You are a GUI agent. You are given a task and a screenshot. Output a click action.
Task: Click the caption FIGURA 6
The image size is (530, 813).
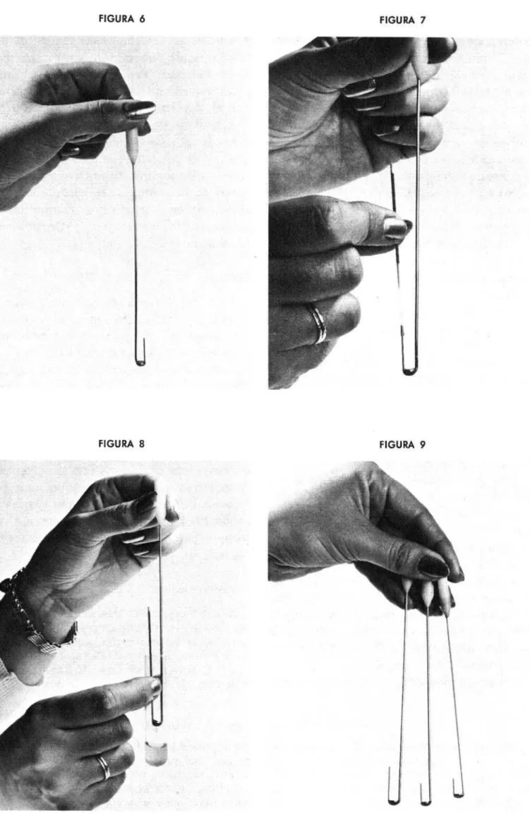tap(122, 19)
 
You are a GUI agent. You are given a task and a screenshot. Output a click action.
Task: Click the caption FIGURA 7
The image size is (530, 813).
tap(403, 20)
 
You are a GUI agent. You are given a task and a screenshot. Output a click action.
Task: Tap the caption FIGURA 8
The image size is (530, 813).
tap(121, 444)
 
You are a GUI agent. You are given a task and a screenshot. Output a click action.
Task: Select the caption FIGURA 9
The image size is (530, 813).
tap(403, 444)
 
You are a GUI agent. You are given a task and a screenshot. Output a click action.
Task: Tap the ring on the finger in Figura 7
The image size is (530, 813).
tap(318, 323)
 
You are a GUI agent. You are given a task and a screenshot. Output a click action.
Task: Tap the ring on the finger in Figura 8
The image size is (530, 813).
tap(104, 766)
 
